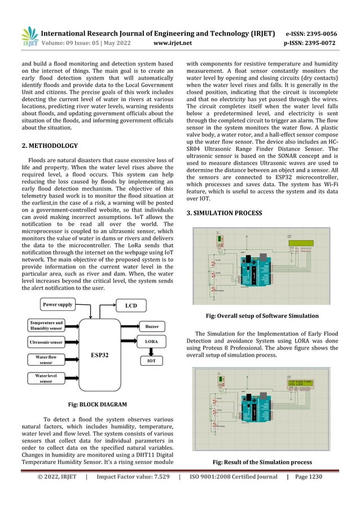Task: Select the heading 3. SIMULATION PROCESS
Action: pos(224,213)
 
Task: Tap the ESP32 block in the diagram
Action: pos(100,355)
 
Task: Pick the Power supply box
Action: pos(57,305)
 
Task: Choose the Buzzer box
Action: pos(152,326)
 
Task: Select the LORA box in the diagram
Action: pos(152,342)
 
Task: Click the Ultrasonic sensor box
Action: pos(46,342)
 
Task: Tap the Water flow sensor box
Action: pos(46,360)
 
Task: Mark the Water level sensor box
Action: pos(46,378)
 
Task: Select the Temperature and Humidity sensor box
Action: pos(46,326)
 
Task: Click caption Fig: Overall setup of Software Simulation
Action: pos(262,315)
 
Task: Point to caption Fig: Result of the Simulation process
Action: pos(262,462)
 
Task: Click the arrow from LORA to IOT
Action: pos(152,350)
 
